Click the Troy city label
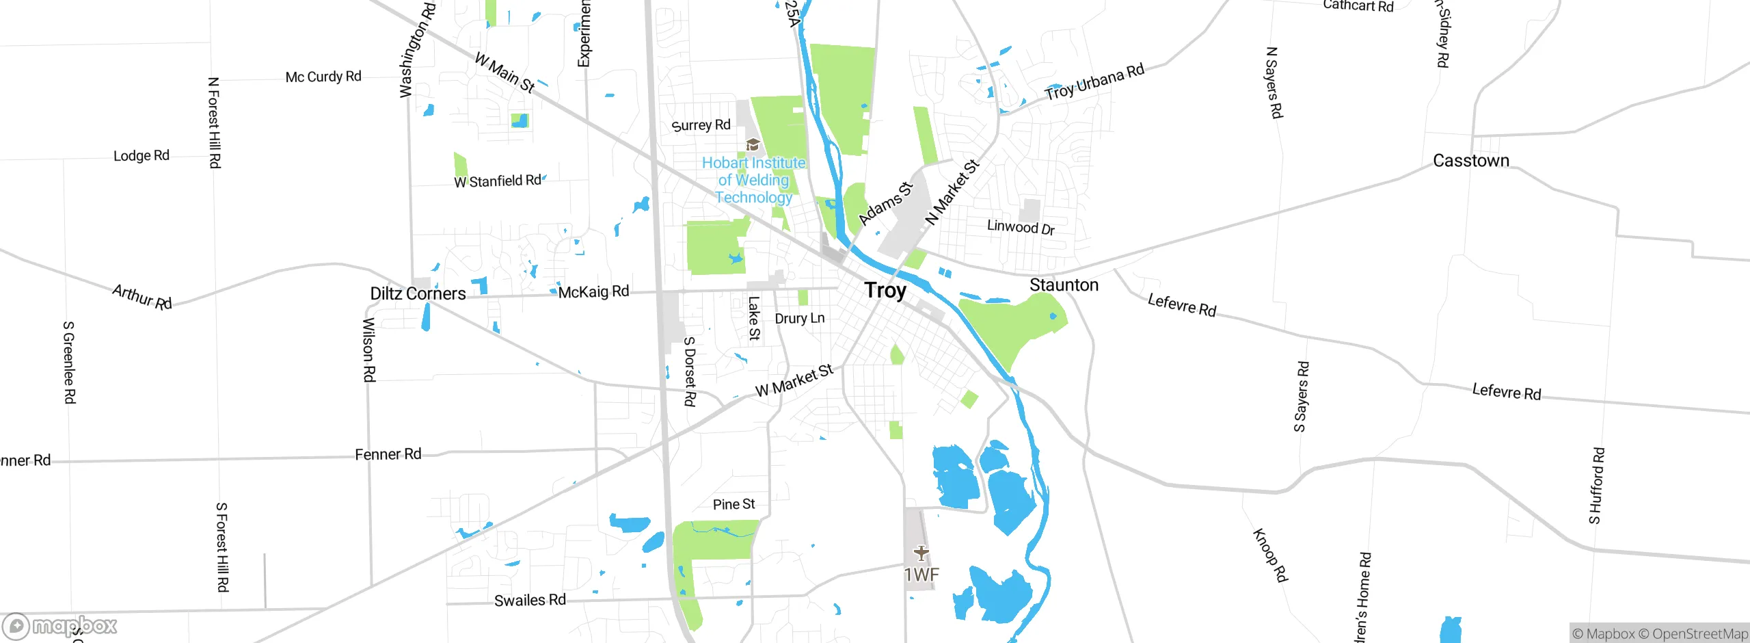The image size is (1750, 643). [885, 291]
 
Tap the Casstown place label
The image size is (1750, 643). [1470, 161]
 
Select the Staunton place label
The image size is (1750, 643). [1064, 285]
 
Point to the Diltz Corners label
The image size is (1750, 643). [418, 294]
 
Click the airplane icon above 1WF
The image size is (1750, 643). [921, 552]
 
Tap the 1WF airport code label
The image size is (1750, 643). [921, 575]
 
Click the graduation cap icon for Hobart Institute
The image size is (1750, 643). [753, 144]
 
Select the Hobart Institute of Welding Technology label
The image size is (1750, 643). [753, 180]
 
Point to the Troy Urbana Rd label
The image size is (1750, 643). [1094, 82]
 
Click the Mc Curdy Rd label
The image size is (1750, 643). [323, 77]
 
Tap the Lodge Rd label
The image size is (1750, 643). [142, 156]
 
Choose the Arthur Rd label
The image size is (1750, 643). [142, 297]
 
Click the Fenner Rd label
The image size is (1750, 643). [388, 455]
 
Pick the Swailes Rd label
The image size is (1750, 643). [530, 601]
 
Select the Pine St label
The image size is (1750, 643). [733, 505]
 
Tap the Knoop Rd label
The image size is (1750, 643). [1270, 555]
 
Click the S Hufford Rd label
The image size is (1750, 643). [1596, 486]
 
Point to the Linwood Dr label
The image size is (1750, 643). [1021, 227]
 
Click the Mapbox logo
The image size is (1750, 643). [60, 626]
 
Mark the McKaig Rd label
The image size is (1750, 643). [593, 292]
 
